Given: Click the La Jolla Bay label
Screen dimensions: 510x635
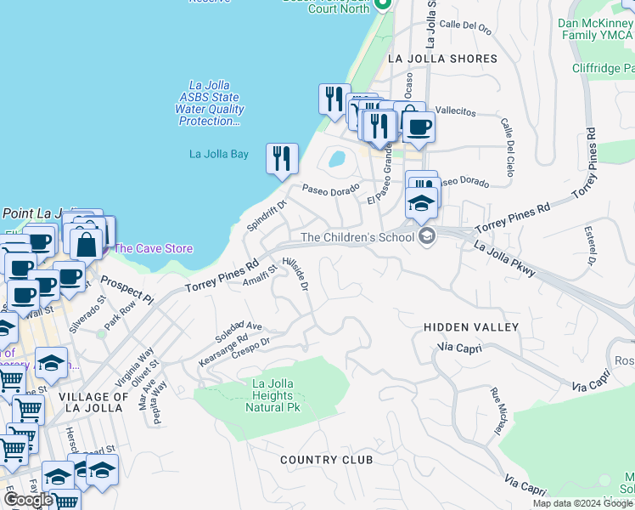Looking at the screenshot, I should click(x=218, y=154).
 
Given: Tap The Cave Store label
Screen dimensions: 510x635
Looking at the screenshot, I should click(x=153, y=249).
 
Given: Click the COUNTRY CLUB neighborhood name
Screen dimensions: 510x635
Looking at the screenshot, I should click(x=327, y=460).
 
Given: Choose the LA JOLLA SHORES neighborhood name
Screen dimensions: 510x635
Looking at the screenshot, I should click(x=441, y=59).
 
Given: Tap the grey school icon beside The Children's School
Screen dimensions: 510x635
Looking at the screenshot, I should click(x=427, y=236).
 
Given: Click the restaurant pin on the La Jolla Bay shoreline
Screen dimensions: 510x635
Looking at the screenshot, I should click(x=282, y=159).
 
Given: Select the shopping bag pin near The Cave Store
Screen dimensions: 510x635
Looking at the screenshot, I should click(x=87, y=243).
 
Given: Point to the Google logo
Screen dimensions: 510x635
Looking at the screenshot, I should click(x=29, y=500).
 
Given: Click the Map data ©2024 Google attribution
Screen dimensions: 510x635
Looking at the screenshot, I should click(x=582, y=503).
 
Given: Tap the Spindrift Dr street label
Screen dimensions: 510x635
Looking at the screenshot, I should click(x=267, y=215).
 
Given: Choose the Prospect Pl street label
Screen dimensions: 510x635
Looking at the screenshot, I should click(x=126, y=290).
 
